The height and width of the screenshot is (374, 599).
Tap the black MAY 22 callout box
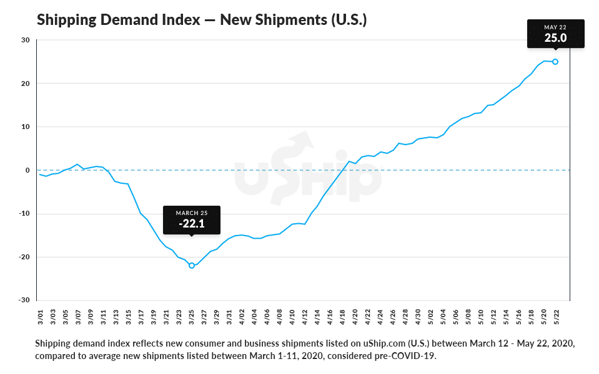(x=555, y=33)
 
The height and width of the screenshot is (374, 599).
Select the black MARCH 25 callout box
(x=191, y=219)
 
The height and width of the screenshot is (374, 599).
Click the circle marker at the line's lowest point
(x=192, y=266)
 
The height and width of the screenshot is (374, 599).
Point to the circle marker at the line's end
(x=555, y=62)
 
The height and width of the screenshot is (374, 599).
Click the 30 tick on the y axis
(x=26, y=40)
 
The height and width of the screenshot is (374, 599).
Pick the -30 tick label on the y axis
(x=24, y=300)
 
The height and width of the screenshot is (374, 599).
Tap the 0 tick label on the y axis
(x=28, y=170)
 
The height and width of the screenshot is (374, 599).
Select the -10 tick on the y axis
(x=24, y=214)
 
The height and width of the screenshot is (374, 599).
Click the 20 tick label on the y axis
(x=26, y=84)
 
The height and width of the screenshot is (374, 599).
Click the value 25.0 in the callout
(x=555, y=37)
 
